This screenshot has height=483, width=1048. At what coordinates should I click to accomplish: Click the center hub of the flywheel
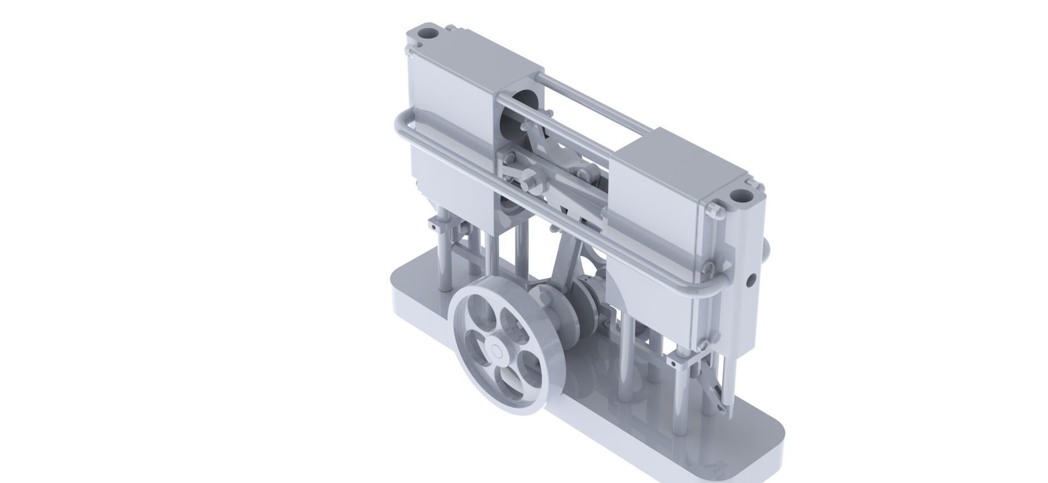point(496,351)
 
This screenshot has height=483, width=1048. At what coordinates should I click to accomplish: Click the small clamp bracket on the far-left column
point(438,225)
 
